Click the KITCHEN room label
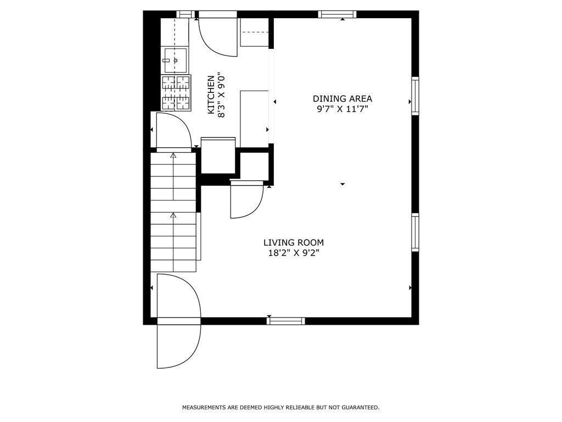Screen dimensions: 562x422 pos(211,95)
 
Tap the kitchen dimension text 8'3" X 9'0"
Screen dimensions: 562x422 pos(222,95)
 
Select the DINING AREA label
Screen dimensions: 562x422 pos(342,99)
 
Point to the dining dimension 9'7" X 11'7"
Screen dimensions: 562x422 pos(342,109)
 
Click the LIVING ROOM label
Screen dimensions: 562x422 pos(294,243)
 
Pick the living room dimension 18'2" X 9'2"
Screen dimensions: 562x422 pos(294,253)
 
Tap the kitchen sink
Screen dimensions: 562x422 pos(175,60)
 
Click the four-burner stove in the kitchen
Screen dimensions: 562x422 pos(176,93)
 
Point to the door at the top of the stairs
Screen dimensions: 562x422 pos(173,131)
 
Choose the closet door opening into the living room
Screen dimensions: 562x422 pos(246,199)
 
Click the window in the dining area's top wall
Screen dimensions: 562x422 pos(337,14)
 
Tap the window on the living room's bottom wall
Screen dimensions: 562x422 pos(285,321)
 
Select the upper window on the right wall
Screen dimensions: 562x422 pos(415,96)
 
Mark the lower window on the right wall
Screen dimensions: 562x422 pos(415,232)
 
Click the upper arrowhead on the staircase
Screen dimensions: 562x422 pos(173,156)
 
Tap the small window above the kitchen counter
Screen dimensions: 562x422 pos(186,14)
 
